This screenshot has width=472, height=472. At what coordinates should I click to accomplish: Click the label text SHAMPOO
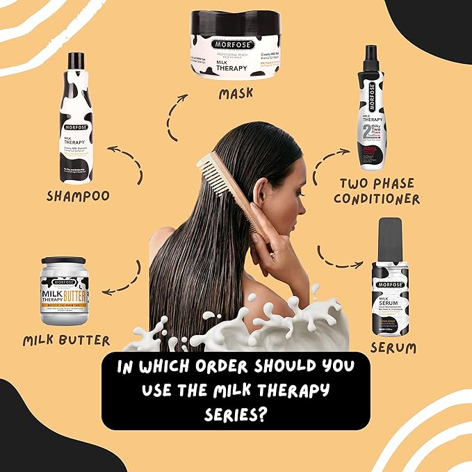[78, 197]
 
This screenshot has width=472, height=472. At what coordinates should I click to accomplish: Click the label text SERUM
[394, 346]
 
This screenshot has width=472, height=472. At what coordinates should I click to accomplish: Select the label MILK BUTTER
[67, 340]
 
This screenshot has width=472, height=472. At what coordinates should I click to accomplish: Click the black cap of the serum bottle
[390, 238]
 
